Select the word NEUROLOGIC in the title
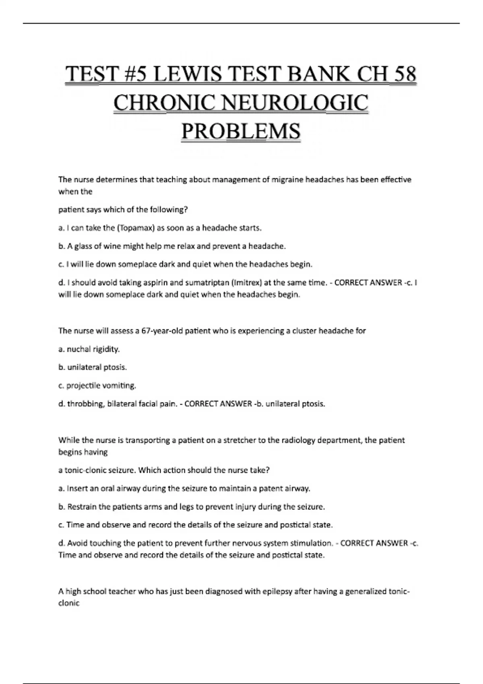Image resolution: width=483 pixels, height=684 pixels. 295,103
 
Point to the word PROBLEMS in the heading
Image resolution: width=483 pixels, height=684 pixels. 241,131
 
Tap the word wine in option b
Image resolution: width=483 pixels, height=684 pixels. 111,246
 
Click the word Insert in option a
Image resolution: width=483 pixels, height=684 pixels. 76,488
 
